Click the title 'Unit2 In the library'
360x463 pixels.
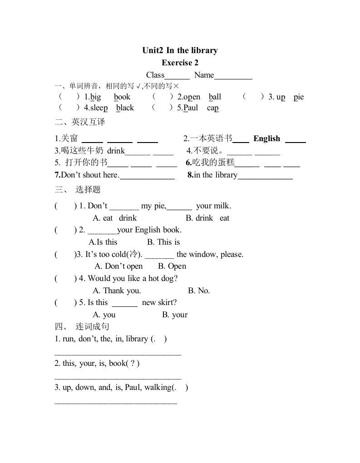pos(180,50)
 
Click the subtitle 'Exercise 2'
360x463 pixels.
pos(180,63)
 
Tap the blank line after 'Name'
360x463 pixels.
pos(233,78)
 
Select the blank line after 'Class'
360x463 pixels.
pos(177,78)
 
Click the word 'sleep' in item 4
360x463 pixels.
pos(99,108)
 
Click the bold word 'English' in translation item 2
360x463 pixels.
pos(267,139)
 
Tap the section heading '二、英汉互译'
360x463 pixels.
pos(79,123)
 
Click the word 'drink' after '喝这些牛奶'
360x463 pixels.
pos(116,151)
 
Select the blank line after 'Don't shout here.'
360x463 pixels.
pos(147,178)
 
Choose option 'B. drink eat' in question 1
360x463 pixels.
pos(207,218)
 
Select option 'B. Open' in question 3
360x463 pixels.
pos(172,266)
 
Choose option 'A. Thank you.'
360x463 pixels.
pos(117,291)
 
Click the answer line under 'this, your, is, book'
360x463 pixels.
pos(118,377)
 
